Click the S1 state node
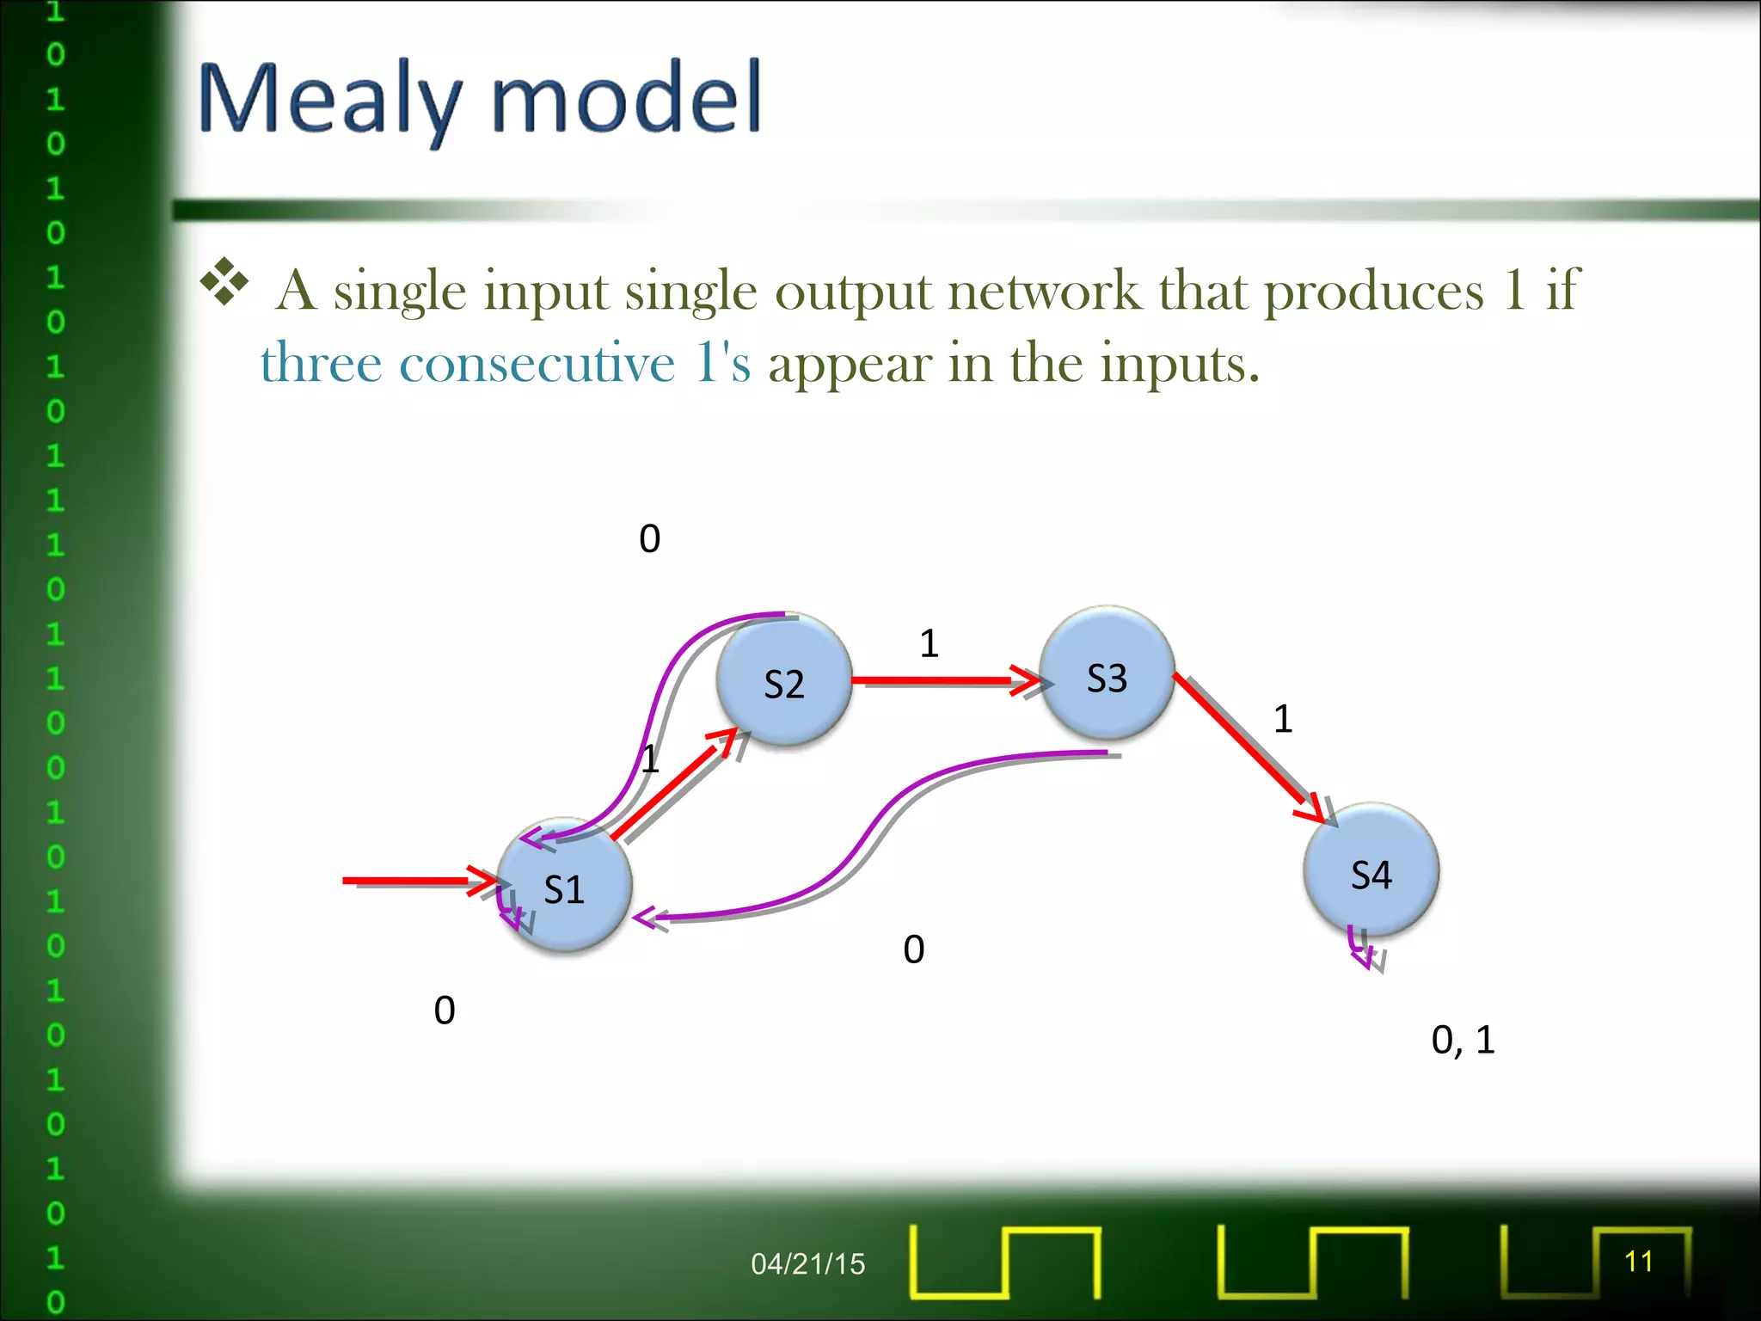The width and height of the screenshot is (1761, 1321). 564,886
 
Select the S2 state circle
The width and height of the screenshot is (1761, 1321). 783,681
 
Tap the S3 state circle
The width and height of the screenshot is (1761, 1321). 1107,675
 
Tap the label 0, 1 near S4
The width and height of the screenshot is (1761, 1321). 1463,1040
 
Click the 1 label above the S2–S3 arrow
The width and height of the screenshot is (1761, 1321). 929,643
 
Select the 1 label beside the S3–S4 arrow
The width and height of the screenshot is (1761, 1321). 1282,718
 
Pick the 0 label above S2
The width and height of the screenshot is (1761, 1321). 649,538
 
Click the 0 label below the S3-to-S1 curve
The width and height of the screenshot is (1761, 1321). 913,949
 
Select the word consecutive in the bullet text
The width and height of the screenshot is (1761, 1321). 537,364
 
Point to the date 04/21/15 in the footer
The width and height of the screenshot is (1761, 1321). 807,1263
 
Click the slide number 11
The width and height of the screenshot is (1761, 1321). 1638,1261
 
